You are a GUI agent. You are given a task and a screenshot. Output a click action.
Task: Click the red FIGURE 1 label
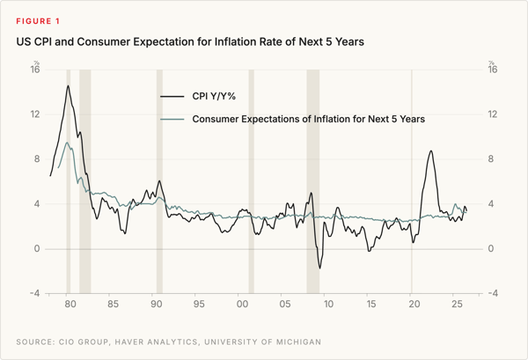38,21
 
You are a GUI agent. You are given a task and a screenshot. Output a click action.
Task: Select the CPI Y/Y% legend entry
198,96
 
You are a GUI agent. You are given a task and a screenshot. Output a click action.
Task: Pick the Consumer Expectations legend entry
293,119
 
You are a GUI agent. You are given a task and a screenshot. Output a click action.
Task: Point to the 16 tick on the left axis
35,70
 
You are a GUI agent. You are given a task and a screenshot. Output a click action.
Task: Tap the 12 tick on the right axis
492,114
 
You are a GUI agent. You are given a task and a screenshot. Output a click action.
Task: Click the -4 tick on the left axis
34,293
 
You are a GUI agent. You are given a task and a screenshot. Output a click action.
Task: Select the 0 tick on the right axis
491,248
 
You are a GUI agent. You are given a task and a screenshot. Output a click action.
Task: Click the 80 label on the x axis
70,304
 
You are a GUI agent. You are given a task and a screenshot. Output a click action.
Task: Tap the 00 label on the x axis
242,304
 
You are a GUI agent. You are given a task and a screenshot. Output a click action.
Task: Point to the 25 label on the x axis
457,304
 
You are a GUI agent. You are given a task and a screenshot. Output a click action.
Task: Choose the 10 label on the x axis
328,304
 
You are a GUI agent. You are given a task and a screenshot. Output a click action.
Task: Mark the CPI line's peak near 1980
68,85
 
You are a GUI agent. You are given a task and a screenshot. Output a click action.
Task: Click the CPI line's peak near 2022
430,151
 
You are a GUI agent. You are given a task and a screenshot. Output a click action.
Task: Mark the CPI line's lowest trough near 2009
319,268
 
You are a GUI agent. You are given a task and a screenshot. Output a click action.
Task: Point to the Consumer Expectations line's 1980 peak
67,143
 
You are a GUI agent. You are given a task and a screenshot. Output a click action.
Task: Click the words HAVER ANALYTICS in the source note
157,342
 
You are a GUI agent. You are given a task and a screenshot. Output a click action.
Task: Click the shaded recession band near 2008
312,181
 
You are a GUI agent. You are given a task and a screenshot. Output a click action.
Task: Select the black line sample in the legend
172,97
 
